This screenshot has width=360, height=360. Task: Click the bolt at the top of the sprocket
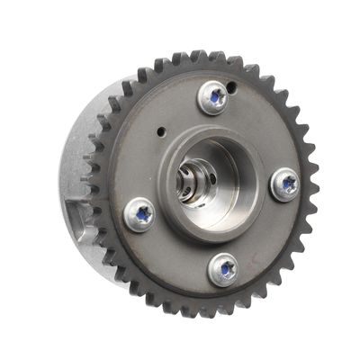coord(214,97)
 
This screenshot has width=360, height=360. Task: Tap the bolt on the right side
coord(285,184)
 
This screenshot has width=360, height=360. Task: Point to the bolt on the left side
coord(139,214)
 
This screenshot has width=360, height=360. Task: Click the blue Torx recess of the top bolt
coord(214,95)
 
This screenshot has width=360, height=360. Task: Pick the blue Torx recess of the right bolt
coord(287,184)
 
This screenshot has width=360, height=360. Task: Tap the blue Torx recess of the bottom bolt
coord(223,266)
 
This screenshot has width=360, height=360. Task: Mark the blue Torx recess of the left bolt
coord(140,214)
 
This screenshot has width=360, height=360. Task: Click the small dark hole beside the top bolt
coord(231,86)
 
